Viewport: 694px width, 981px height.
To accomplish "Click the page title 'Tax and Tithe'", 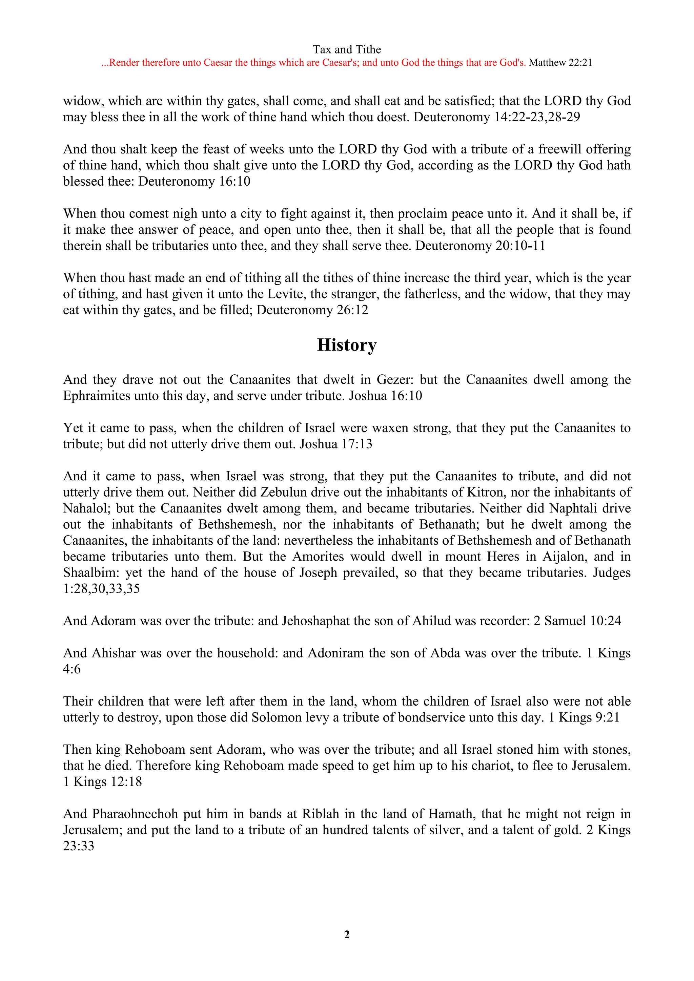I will pos(347,49).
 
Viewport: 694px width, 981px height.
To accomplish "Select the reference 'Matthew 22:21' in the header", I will pos(560,63).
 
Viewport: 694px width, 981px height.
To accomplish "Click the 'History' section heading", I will pos(347,345).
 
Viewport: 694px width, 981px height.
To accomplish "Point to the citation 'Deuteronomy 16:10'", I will pos(195,181).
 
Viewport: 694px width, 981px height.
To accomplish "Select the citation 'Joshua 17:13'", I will pos(336,444).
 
